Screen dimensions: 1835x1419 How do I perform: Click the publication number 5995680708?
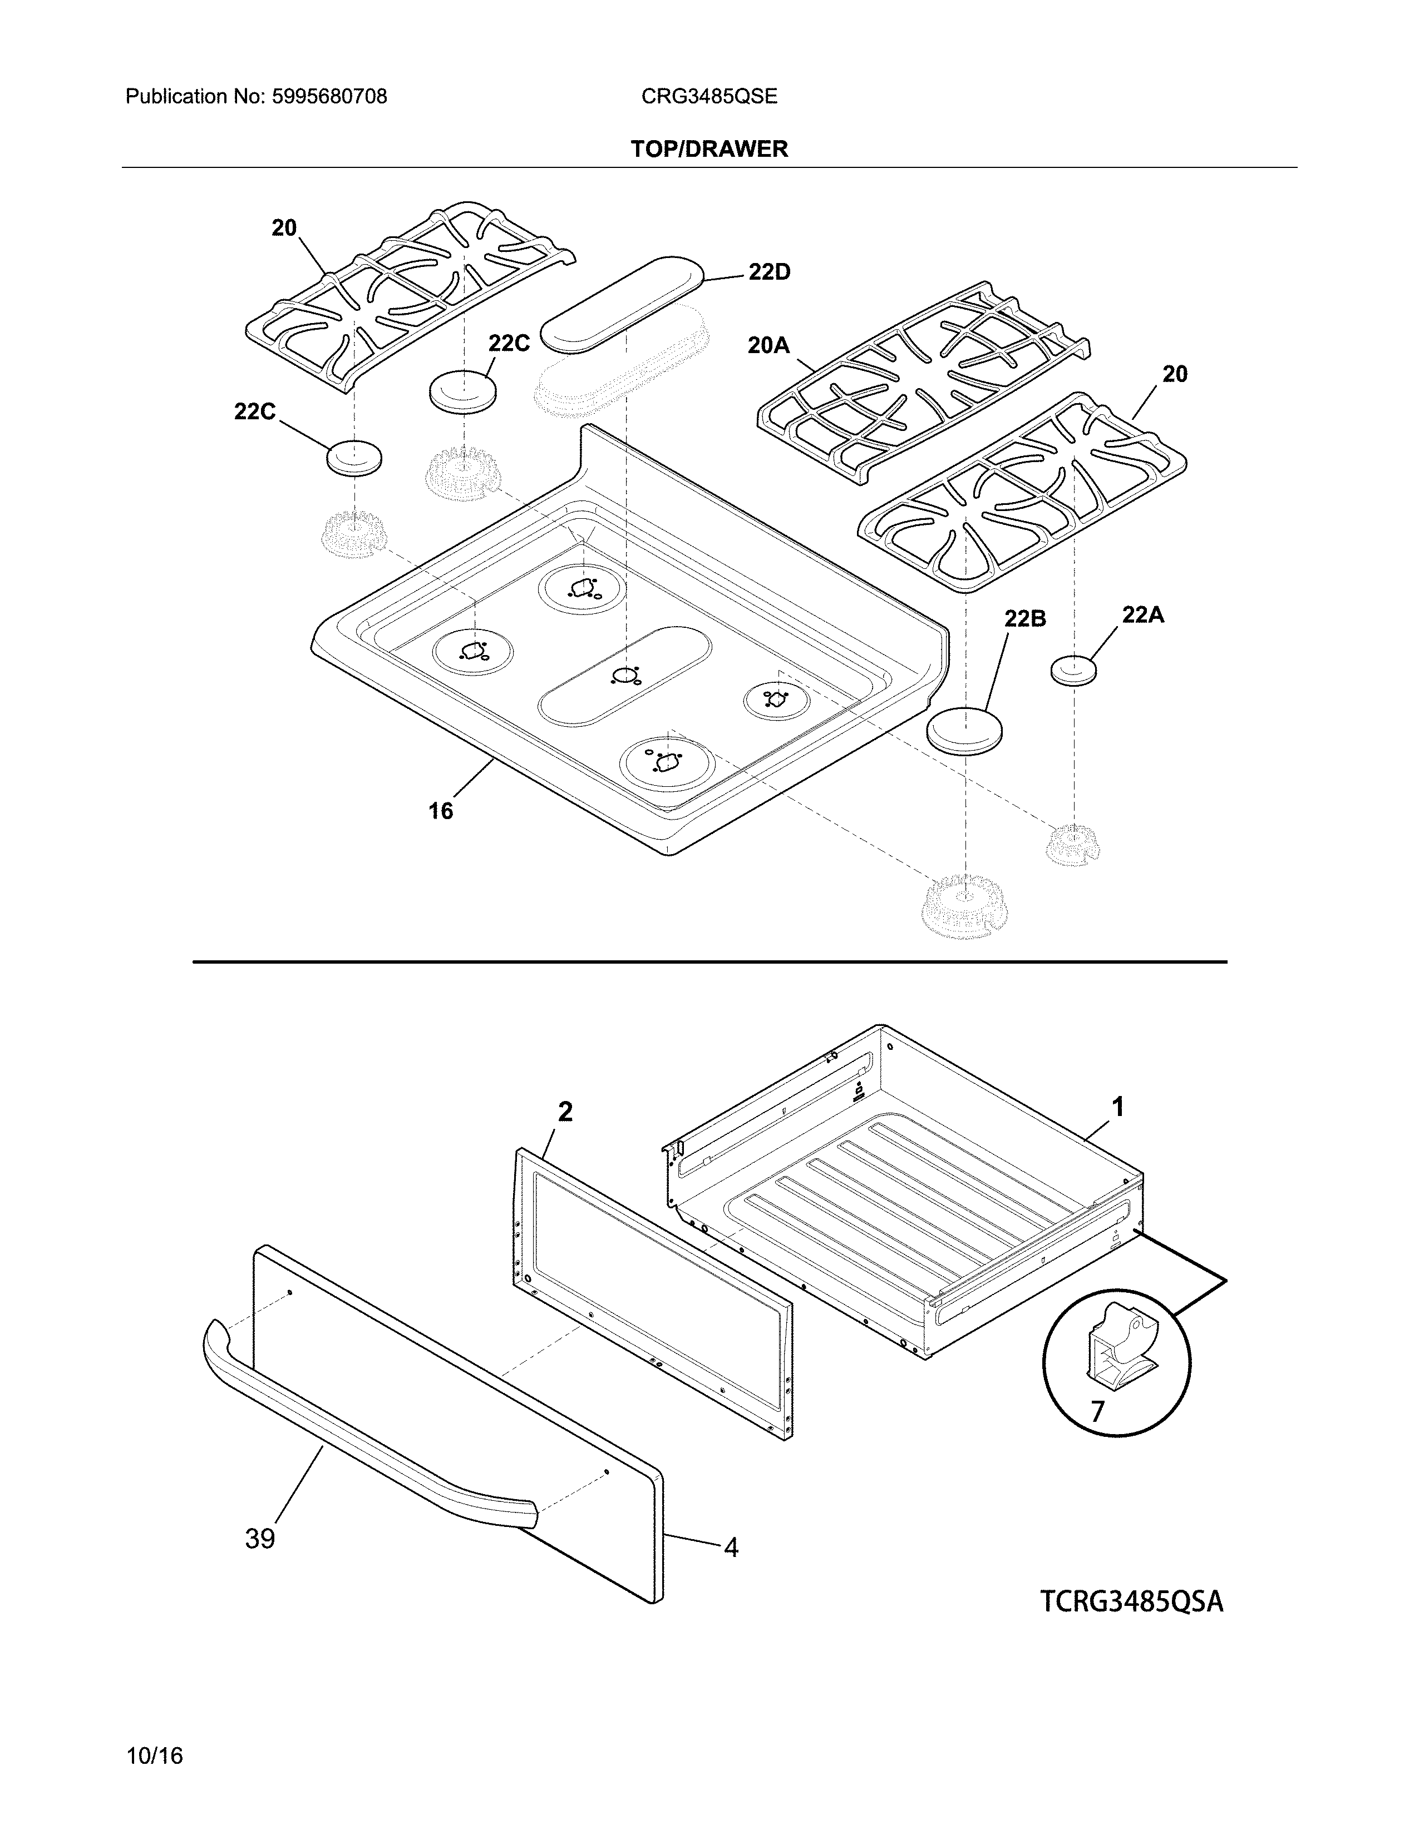pyautogui.click(x=329, y=97)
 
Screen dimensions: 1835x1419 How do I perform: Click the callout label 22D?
pyautogui.click(x=769, y=272)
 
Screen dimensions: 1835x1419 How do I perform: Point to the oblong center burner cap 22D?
pyautogui.click(x=622, y=302)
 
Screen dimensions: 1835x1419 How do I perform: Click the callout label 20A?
pyautogui.click(x=768, y=345)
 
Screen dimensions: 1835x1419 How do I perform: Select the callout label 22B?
pyautogui.click(x=1024, y=618)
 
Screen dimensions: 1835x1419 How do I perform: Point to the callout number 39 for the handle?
pyautogui.click(x=260, y=1539)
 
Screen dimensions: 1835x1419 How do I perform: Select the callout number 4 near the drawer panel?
pyautogui.click(x=731, y=1548)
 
